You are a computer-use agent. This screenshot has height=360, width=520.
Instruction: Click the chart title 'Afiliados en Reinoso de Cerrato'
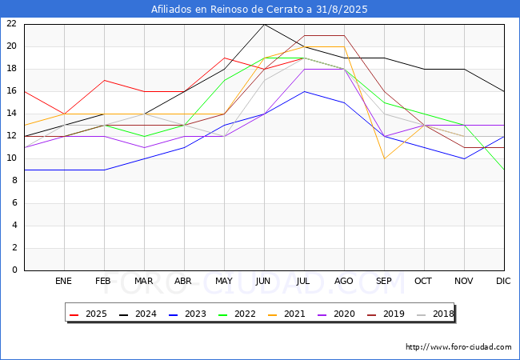click(x=231, y=9)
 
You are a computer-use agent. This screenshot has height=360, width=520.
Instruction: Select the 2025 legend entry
click(x=88, y=314)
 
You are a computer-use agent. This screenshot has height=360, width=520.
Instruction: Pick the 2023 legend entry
click(x=187, y=314)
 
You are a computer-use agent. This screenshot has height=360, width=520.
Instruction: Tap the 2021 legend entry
click(x=286, y=314)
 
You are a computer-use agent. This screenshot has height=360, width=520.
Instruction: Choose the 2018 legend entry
click(x=435, y=314)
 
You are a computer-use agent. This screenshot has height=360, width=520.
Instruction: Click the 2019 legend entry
click(x=386, y=314)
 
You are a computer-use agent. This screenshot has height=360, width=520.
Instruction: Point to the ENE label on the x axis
click(x=63, y=281)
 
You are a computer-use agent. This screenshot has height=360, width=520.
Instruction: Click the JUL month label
click(x=303, y=281)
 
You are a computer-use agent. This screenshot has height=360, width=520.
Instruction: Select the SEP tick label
click(x=384, y=281)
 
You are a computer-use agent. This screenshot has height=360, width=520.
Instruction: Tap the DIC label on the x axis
click(x=503, y=281)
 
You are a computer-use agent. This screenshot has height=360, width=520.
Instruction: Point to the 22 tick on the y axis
click(x=12, y=23)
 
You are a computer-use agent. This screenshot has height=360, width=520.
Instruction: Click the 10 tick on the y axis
click(x=12, y=158)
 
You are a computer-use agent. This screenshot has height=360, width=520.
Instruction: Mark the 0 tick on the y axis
click(x=14, y=270)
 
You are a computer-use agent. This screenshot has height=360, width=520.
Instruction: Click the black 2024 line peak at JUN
click(x=264, y=24)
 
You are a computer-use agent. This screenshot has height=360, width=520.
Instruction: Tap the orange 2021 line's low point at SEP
click(x=384, y=158)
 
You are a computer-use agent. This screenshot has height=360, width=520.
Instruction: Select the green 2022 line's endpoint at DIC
click(x=504, y=170)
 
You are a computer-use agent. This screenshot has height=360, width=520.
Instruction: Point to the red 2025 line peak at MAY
click(x=225, y=58)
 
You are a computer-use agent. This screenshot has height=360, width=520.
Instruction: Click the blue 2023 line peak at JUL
click(x=305, y=91)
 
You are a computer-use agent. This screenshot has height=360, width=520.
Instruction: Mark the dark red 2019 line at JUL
click(x=305, y=35)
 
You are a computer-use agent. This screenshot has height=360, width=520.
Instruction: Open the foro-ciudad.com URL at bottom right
click(x=458, y=347)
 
